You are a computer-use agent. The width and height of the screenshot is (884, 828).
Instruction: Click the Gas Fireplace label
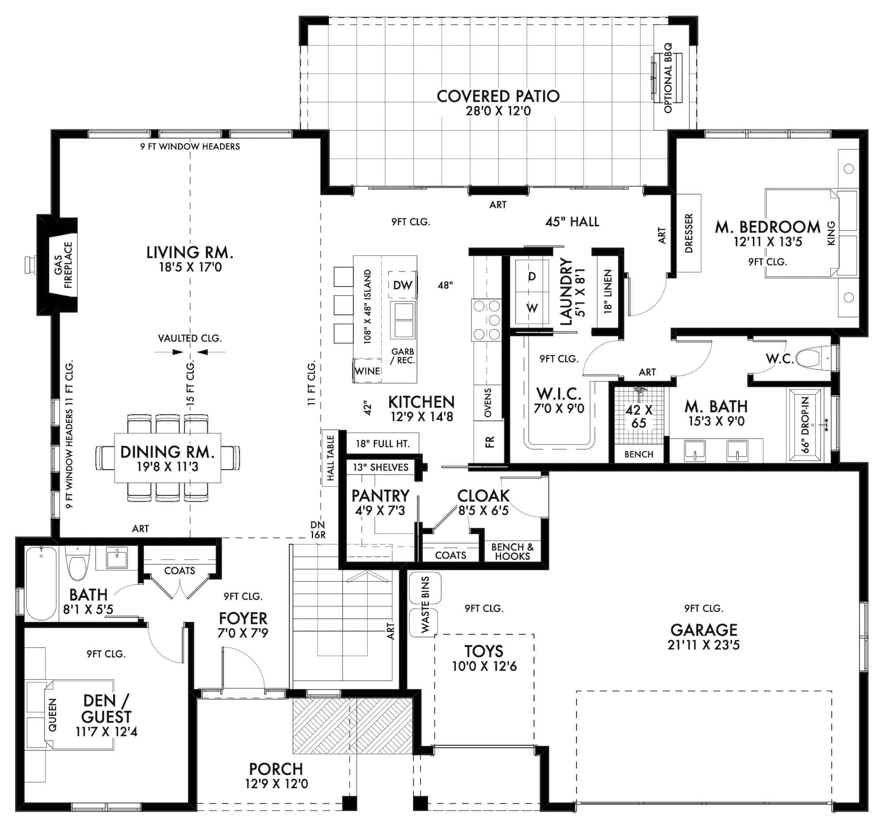(64, 265)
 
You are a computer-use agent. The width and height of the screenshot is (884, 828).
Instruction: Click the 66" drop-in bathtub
(805, 425)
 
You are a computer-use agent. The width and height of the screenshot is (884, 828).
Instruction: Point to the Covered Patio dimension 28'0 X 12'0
(498, 110)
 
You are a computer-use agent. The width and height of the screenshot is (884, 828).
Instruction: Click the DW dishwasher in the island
(402, 285)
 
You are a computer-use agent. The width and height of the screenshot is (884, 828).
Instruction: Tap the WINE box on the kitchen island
(367, 371)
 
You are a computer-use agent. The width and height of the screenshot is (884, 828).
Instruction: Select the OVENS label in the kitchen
(488, 403)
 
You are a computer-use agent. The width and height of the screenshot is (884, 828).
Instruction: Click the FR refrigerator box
(489, 442)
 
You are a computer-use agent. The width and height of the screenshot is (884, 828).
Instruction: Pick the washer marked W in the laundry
(532, 308)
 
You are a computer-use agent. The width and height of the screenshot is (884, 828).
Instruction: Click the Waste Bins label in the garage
(425, 604)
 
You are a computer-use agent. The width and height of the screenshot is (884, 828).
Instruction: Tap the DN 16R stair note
(317, 530)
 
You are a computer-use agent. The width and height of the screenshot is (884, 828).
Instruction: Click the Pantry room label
(380, 496)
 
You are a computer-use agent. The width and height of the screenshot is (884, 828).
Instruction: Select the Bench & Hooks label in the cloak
(512, 551)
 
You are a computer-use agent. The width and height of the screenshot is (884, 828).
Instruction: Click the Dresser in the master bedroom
(689, 233)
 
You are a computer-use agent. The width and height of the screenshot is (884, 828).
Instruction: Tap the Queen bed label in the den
(53, 714)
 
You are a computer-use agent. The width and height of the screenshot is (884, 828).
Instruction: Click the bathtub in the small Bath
(41, 583)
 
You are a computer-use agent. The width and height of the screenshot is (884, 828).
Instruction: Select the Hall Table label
(330, 458)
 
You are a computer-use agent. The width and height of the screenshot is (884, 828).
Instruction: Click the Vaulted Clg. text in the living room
(190, 338)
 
